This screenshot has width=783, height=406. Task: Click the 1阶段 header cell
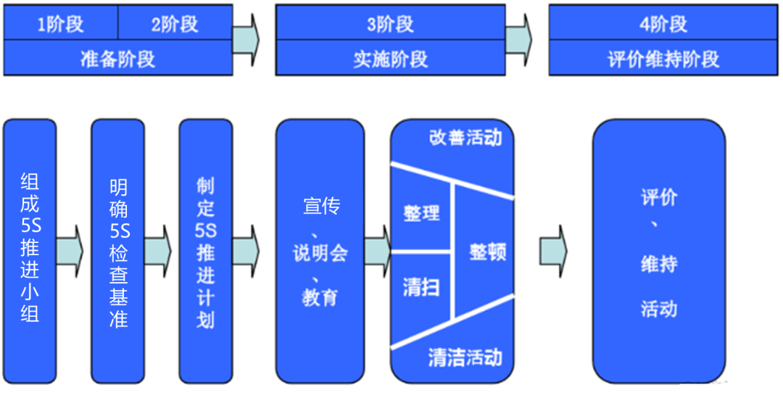60,25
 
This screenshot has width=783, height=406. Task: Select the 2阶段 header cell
175,25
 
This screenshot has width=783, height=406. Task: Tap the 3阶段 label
390,25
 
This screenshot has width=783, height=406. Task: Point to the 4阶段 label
663,25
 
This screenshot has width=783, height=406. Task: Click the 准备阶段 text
117,59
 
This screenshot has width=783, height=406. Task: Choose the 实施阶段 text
390,59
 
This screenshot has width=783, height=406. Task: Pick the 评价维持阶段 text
663,59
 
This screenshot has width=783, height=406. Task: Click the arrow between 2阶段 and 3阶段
246,40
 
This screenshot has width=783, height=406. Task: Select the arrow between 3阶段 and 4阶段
518,40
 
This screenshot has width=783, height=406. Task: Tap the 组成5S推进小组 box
30,250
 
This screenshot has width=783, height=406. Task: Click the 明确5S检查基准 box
118,250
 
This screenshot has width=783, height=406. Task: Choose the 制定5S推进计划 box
206,250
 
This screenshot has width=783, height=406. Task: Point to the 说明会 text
320,253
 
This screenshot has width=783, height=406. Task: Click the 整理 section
421,213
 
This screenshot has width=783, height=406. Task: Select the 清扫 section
420,287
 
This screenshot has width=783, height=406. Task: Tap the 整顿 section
487,252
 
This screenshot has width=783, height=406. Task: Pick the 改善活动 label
465,138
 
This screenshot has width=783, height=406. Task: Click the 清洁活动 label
465,357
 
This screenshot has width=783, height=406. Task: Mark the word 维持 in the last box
658,264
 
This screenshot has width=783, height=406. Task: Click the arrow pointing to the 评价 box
553,251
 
